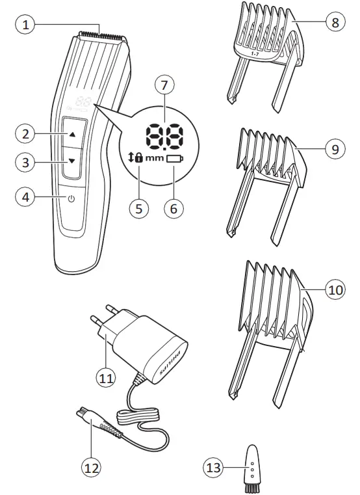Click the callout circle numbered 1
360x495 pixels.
pyautogui.click(x=24, y=25)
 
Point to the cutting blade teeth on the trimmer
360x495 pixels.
pyautogui.click(x=101, y=33)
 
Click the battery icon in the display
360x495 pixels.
pyautogui.click(x=174, y=158)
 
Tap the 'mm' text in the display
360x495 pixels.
pyautogui.click(x=155, y=158)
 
